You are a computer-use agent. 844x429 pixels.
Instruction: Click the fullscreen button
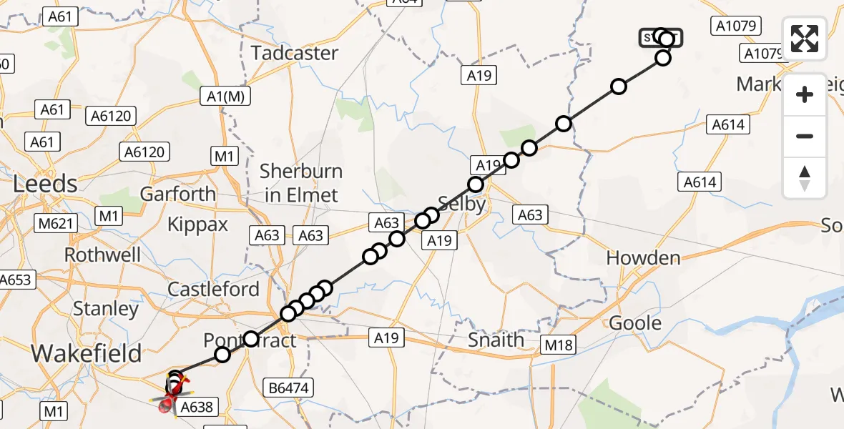click(x=805, y=39)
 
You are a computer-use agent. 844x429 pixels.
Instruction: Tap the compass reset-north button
click(x=805, y=178)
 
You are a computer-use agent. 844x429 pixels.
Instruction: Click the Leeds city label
click(x=46, y=184)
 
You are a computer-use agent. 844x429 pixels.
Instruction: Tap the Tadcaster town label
click(x=294, y=53)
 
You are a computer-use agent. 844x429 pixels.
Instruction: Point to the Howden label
click(x=643, y=258)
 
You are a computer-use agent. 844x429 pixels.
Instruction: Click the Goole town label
click(x=635, y=323)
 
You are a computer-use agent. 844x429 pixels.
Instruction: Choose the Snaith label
click(x=496, y=340)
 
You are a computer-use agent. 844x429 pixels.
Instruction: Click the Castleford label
click(x=213, y=290)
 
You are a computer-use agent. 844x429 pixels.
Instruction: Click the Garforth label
click(x=177, y=194)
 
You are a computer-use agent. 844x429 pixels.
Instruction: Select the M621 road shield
click(x=55, y=224)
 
